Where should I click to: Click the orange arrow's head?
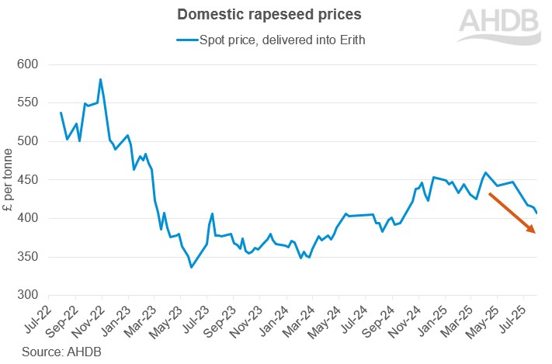[532, 230]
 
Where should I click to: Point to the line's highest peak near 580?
[101, 79]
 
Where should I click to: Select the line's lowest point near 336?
[191, 267]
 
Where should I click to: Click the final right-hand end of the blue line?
[537, 213]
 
